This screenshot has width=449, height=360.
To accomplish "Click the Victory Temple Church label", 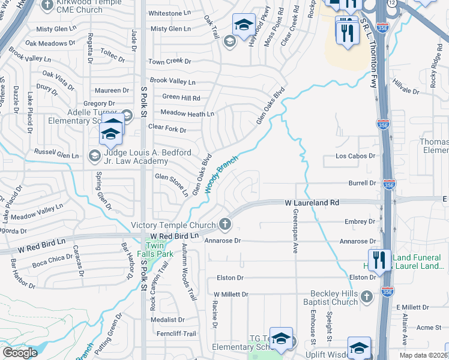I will coord(173,226).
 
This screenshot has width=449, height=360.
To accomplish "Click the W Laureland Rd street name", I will coord(312,203).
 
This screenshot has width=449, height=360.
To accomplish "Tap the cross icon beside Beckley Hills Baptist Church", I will coord(367,296).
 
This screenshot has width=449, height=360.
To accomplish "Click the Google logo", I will coord(20,353).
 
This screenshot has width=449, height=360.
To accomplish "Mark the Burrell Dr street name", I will coord(362,183).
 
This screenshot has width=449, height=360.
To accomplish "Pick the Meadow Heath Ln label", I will coord(188,114).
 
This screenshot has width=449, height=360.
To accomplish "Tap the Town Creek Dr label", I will coord(170,62).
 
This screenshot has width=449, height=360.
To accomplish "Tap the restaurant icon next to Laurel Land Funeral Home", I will coord(379,260).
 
